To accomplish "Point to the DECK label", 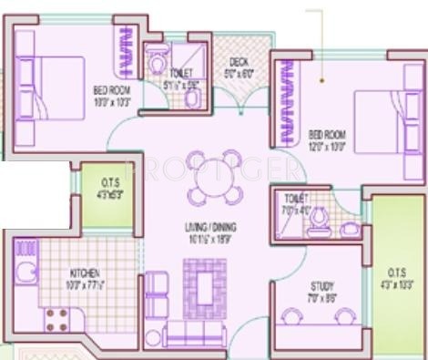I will [239, 61].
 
